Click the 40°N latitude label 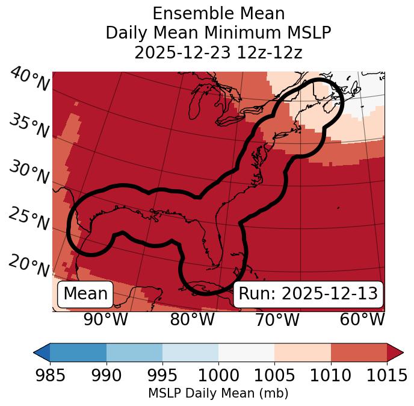point(29,80)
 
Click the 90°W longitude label point(105,319)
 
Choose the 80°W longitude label point(192,319)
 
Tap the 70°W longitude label point(277,319)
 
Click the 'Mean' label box point(85,294)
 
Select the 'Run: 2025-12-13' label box point(308,294)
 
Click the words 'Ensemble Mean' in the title point(218,13)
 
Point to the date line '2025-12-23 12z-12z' point(218,52)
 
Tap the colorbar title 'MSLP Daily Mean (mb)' point(218,393)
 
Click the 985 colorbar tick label point(50,375)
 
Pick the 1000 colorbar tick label point(218,375)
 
